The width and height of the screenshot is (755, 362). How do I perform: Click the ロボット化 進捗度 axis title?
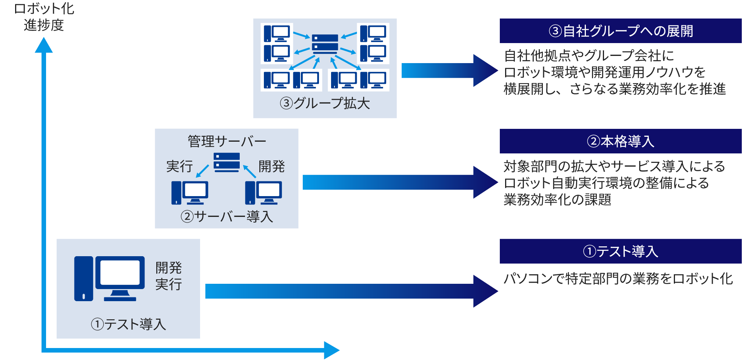(x=44, y=17)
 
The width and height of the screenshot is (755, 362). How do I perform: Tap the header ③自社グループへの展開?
(x=620, y=31)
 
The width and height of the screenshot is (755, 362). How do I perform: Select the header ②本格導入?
(x=620, y=141)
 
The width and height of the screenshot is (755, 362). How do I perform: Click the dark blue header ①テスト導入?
(x=620, y=251)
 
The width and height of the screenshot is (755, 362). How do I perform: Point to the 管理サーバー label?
(x=226, y=141)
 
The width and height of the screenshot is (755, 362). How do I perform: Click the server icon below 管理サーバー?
(x=226, y=162)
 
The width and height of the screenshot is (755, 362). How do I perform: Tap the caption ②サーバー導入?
(x=226, y=217)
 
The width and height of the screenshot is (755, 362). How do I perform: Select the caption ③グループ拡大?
(x=325, y=103)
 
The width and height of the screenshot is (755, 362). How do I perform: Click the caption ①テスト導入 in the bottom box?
(x=128, y=324)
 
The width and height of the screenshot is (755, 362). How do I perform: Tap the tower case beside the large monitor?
(x=83, y=278)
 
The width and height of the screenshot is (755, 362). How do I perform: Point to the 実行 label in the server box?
(x=180, y=166)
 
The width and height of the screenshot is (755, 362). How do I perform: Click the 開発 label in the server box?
(x=271, y=166)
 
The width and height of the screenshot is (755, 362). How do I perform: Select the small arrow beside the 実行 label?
(x=202, y=171)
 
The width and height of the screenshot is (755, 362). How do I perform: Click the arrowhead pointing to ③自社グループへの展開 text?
(x=485, y=70)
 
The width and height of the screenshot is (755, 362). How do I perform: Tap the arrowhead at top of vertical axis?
(x=44, y=45)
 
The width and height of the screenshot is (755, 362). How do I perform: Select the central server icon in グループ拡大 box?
(x=325, y=43)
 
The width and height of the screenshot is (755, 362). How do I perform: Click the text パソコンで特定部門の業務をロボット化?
(x=618, y=279)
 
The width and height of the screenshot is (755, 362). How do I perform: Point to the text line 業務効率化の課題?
(x=557, y=200)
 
